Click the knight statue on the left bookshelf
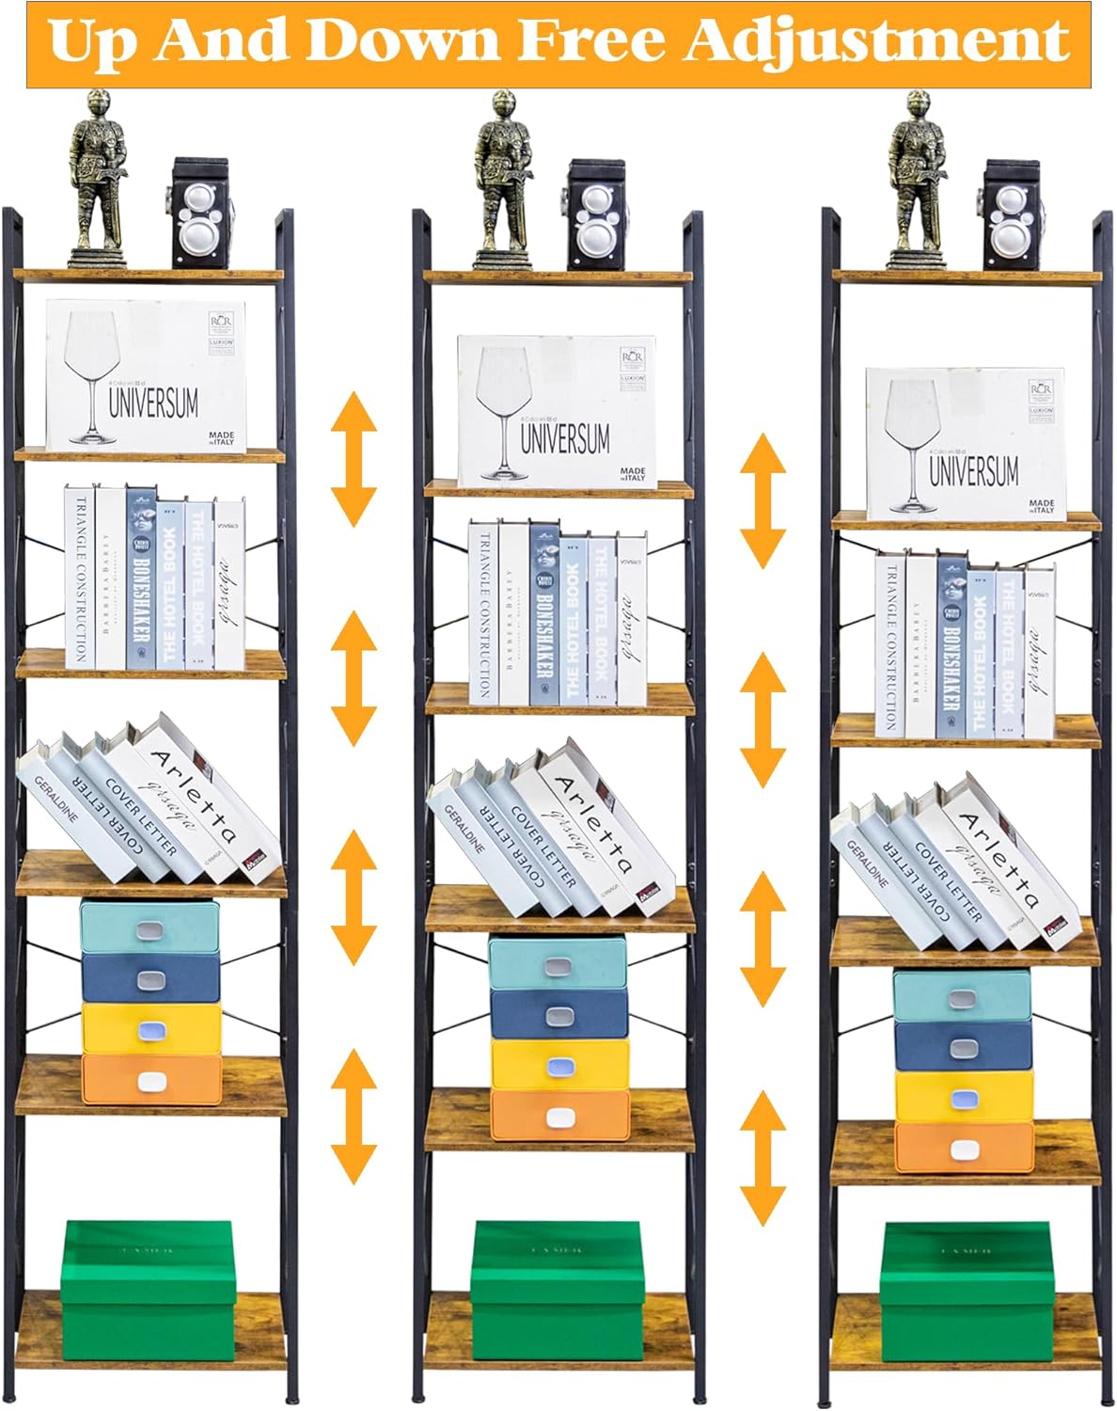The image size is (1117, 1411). point(98,179)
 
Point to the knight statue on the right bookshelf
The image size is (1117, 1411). point(917,179)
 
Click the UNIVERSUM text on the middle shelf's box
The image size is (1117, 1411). point(565,438)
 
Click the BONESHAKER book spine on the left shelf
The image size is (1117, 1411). point(140,579)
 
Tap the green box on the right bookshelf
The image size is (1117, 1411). point(965,1291)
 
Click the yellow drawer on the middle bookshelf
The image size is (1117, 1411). point(559,1064)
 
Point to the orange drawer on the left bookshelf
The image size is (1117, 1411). point(151,1079)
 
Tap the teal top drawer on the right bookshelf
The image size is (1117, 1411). point(961,996)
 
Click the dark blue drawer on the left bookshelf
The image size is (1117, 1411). point(150,978)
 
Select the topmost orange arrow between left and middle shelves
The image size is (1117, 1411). point(354,459)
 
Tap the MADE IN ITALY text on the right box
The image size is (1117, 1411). point(1041,506)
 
